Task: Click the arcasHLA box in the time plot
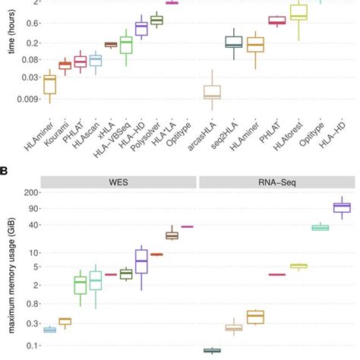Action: [x=213, y=93]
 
